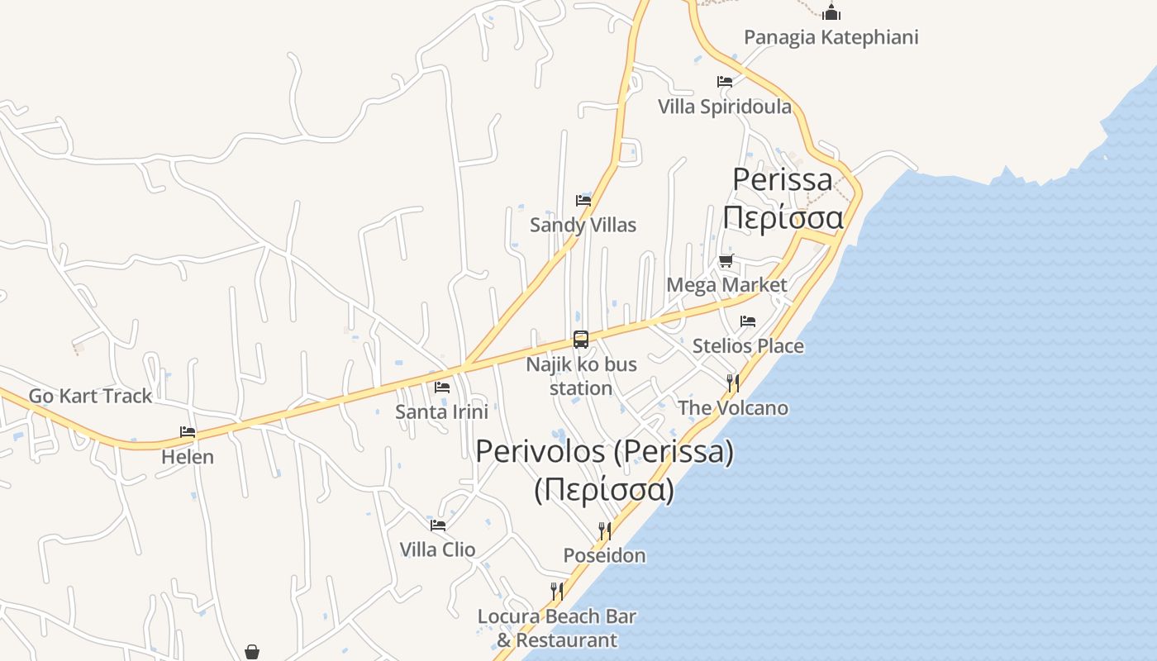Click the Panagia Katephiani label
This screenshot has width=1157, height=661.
pyautogui.click(x=831, y=37)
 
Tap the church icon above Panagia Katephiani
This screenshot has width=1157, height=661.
pyautogui.click(x=831, y=12)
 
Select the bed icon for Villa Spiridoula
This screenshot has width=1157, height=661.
pyautogui.click(x=725, y=82)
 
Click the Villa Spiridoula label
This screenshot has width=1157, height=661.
pyautogui.click(x=724, y=107)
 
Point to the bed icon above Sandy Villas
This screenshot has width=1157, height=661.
pyautogui.click(x=583, y=200)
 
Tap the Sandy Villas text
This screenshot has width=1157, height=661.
pyautogui.click(x=583, y=225)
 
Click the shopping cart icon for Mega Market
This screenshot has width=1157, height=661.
pyautogui.click(x=726, y=261)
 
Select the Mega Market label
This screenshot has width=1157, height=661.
pyautogui.click(x=726, y=285)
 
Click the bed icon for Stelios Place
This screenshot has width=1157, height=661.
pyautogui.click(x=748, y=321)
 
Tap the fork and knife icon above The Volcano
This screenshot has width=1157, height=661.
pyautogui.click(x=732, y=383)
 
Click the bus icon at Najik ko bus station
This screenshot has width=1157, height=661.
pyautogui.click(x=581, y=340)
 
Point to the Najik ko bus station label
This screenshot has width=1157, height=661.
pyautogui.click(x=581, y=376)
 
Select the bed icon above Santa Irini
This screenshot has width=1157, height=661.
pyautogui.click(x=442, y=387)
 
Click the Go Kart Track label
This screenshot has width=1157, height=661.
pyautogui.click(x=90, y=396)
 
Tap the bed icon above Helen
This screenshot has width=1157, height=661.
pyautogui.click(x=188, y=432)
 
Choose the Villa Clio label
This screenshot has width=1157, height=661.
pyautogui.click(x=437, y=549)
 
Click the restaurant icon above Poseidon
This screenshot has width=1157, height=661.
pyautogui.click(x=605, y=530)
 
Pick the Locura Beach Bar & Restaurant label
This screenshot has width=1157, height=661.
pyautogui.click(x=556, y=628)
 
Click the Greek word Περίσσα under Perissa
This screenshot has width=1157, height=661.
pyautogui.click(x=783, y=218)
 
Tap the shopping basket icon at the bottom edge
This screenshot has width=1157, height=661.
pyautogui.click(x=252, y=653)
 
